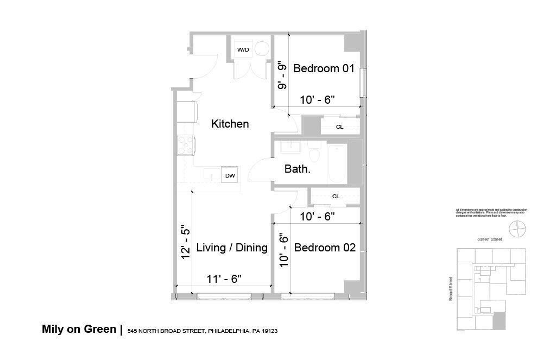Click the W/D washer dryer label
click(x=243, y=50)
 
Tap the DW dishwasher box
click(x=230, y=175)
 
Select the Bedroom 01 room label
click(x=324, y=69)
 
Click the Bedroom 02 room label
click(x=325, y=248)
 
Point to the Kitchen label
click(x=230, y=124)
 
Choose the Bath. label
click(x=298, y=169)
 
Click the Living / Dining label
click(x=232, y=248)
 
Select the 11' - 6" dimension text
click(x=224, y=279)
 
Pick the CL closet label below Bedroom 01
click(x=339, y=127)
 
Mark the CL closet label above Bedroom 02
click(x=336, y=197)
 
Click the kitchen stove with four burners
click(x=185, y=144)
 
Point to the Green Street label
click(x=490, y=239)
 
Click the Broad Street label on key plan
click(x=451, y=289)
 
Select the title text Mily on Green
click(x=79, y=329)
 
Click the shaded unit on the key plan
click(x=499, y=320)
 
